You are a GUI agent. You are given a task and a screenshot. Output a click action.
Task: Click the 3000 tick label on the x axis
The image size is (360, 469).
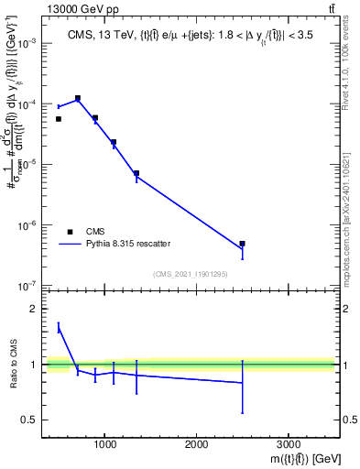click(x=288, y=444)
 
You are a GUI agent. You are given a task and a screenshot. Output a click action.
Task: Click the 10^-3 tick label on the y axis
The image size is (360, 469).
click(x=29, y=44)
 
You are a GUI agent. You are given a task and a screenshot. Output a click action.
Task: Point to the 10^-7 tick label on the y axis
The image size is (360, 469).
click(x=29, y=286)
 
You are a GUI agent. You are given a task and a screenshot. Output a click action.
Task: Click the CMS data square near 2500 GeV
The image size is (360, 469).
click(x=242, y=244)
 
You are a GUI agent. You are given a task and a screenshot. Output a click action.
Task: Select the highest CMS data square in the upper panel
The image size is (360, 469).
click(x=78, y=98)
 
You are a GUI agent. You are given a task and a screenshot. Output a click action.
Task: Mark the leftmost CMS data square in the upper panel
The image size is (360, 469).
click(x=59, y=119)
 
